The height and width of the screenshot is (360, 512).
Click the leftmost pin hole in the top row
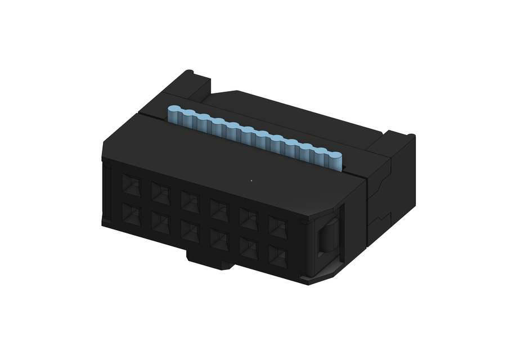coord(132,184)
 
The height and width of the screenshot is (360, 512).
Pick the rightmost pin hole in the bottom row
coord(277,256)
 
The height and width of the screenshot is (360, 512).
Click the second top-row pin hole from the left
coord(161,193)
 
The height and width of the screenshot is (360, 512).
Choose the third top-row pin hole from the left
coord(190,201)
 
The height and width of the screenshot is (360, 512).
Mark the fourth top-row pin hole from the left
coord(219,210)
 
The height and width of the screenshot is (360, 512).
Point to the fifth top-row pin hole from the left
coord(249,218)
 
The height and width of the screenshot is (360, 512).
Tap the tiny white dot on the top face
coord(251,181)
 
